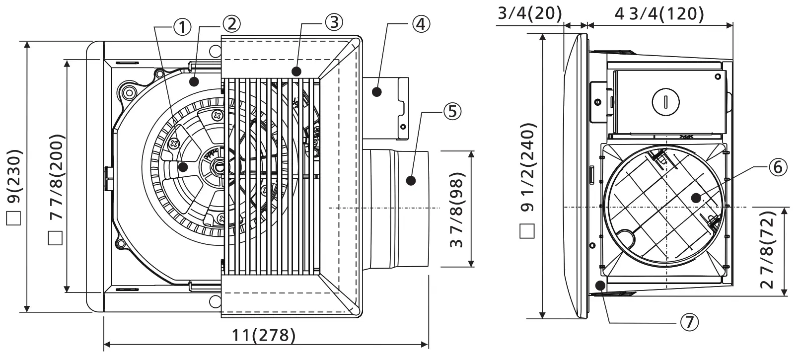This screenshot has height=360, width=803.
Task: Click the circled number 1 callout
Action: [x=183, y=27]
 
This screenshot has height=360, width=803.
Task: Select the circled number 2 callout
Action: [x=231, y=23]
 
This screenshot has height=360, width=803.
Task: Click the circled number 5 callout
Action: [x=452, y=111]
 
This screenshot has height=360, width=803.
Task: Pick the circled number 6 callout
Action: [x=778, y=167]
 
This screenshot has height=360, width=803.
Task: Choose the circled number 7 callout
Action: [x=689, y=322]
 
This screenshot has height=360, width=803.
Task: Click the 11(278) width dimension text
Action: [x=264, y=335]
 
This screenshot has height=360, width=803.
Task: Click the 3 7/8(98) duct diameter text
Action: [x=456, y=210]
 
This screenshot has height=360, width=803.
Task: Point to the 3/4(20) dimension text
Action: [x=530, y=12]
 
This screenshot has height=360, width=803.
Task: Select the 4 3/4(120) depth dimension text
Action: [x=659, y=13]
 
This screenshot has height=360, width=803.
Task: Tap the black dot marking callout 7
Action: [x=600, y=286]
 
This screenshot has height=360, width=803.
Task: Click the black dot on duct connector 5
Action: [x=411, y=180]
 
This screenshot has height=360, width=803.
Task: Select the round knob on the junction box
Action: [x=665, y=103]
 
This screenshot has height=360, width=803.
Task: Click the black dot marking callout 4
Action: [x=377, y=91]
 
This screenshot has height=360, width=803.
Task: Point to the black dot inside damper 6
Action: [x=696, y=198]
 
